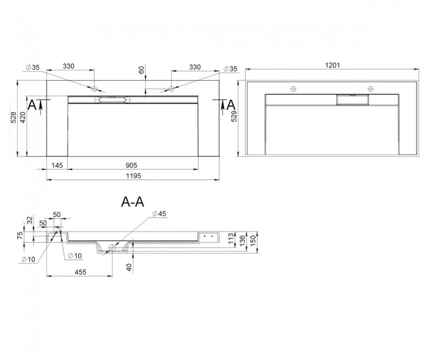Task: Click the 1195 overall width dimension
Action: (133, 176)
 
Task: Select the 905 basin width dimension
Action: (131, 165)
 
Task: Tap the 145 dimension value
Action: (57, 165)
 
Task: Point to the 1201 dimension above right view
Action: (332, 65)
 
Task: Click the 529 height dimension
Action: (234, 116)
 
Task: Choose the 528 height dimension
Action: (13, 117)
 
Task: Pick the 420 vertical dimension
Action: (23, 117)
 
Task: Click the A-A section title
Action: (132, 202)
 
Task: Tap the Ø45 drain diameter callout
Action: (160, 214)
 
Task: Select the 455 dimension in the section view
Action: (80, 272)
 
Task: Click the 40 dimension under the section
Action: (130, 267)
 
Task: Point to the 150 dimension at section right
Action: (253, 239)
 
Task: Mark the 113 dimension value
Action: (232, 238)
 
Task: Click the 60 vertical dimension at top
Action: (141, 70)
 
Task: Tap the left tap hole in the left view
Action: (95, 89)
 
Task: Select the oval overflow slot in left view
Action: (112, 100)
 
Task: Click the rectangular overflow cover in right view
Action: (352, 100)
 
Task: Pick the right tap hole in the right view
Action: (371, 89)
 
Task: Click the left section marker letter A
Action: (32, 105)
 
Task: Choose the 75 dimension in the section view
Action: (20, 236)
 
